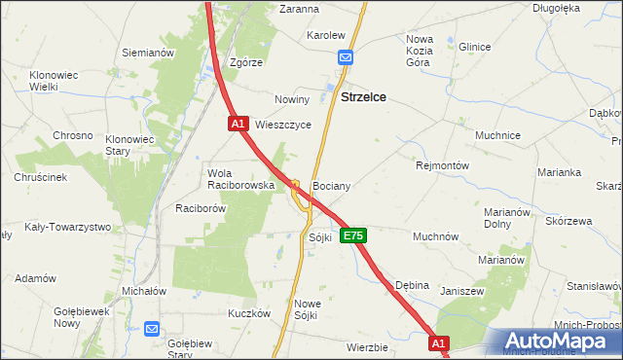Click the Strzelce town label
click(x=364, y=97)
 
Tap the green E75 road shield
click(x=353, y=236)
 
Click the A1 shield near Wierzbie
click(x=439, y=343)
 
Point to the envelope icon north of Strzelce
click(x=346, y=58)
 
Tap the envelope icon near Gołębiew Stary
click(x=152, y=329)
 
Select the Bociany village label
click(x=331, y=185)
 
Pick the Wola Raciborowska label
click(x=231, y=179)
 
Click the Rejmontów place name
click(x=443, y=165)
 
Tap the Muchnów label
click(x=435, y=236)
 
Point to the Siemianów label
click(x=148, y=53)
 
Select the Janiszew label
click(x=461, y=291)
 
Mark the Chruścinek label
click(x=40, y=177)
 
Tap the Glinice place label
click(x=474, y=47)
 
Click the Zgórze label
click(x=246, y=62)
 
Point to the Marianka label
click(x=559, y=172)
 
